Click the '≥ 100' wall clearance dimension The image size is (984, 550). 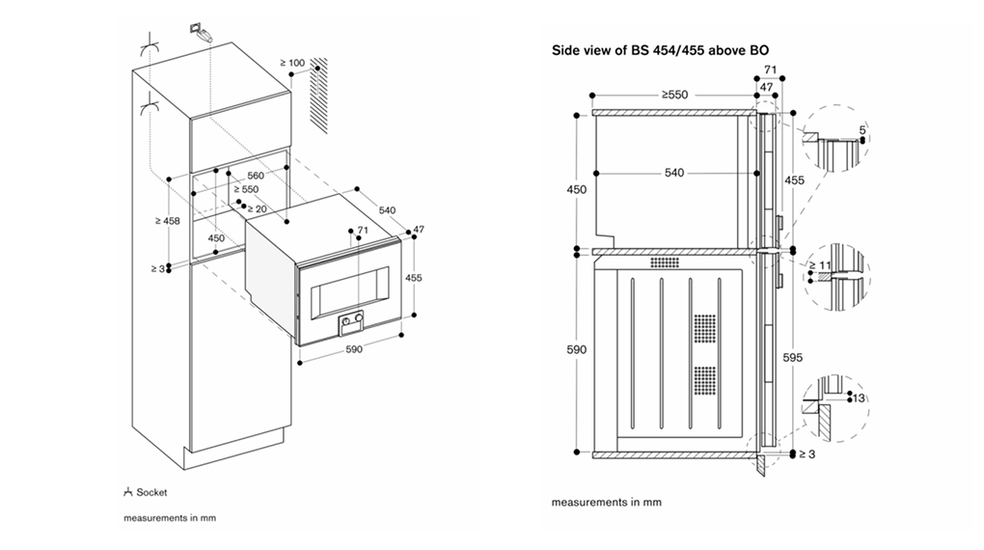(x=291, y=64)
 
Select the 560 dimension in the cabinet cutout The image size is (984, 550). (x=256, y=176)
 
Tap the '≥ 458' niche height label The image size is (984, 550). (x=166, y=221)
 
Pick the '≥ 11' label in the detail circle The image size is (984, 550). (x=818, y=264)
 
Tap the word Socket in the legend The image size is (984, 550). (x=151, y=493)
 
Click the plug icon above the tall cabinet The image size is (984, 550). (x=200, y=31)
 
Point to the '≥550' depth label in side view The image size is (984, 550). (x=674, y=96)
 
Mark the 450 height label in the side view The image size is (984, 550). (x=576, y=190)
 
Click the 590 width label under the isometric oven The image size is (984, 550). (x=353, y=349)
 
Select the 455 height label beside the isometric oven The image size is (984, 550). (x=414, y=276)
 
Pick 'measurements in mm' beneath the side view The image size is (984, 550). (x=606, y=503)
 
